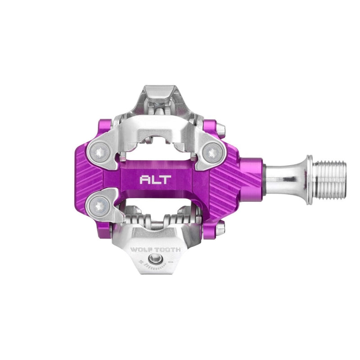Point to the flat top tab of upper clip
[156, 90]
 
